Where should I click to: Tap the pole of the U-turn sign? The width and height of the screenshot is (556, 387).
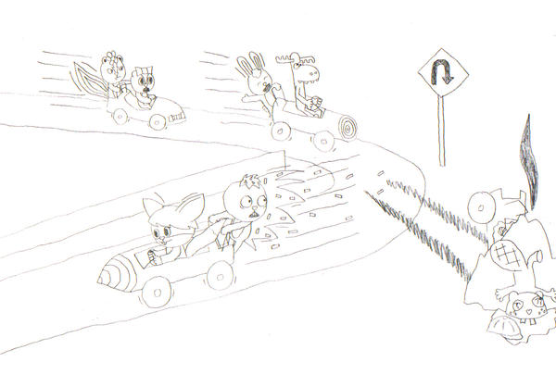441,130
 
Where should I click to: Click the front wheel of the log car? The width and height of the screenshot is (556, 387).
322,140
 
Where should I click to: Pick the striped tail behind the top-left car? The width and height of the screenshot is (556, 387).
90,79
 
